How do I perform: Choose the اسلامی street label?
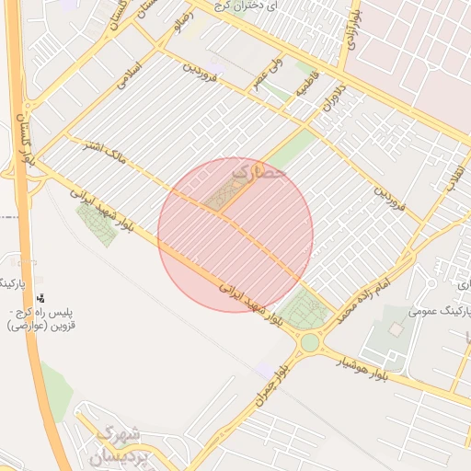[132, 75]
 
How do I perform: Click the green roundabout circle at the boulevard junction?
[310, 343]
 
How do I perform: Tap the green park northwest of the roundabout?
[303, 308]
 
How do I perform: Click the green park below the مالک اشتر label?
[97, 222]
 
